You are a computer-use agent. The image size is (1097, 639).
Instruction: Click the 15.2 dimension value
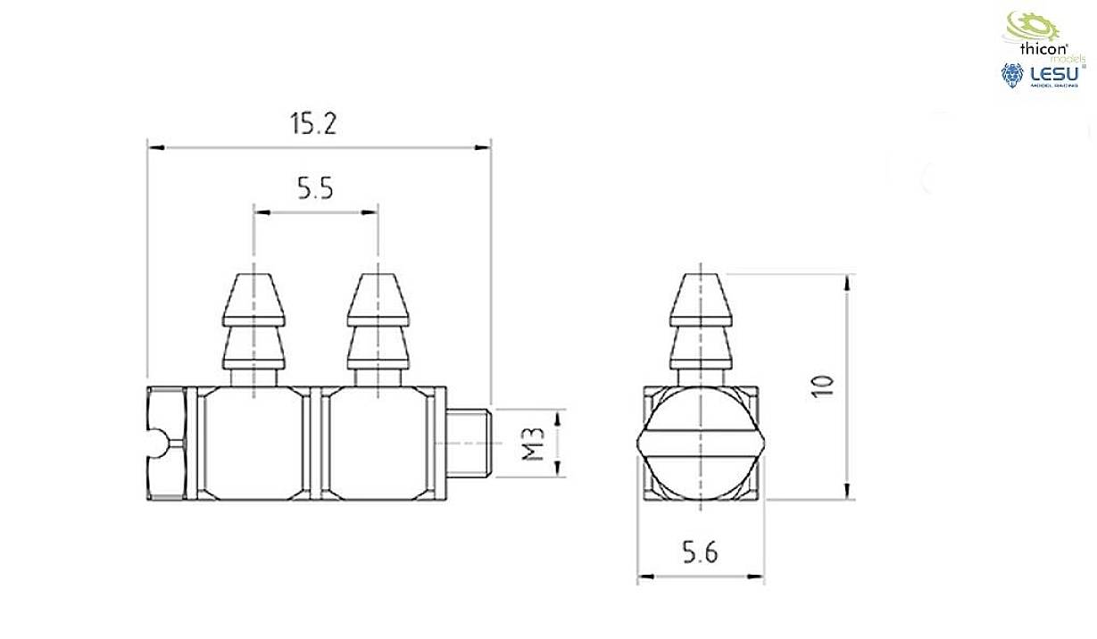312,124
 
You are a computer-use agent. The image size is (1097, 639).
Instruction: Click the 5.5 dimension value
315,188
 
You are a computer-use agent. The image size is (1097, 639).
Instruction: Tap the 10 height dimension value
823,386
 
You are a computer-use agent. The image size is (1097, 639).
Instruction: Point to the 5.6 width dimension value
700,553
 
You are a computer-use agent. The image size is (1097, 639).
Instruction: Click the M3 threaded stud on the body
468,443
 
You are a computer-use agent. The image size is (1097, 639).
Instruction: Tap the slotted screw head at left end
167,443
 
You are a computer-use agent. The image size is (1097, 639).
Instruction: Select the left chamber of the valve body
253,443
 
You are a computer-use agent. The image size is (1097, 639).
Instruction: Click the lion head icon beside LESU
1012,75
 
